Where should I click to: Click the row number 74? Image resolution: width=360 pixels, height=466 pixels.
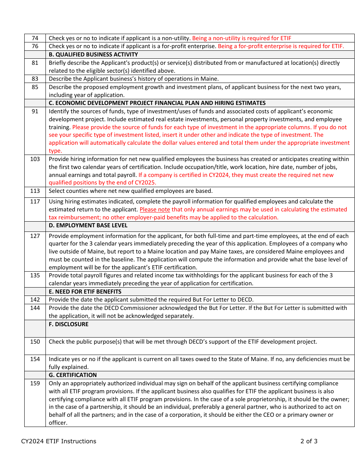[x=35, y=38]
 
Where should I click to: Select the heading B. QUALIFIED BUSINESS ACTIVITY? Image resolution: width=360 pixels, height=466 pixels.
[x=93, y=55]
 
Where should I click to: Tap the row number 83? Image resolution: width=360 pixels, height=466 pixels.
[x=35, y=79]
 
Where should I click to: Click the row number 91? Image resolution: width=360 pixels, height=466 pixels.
[x=35, y=111]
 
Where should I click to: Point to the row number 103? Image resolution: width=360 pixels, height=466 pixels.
[x=35, y=159]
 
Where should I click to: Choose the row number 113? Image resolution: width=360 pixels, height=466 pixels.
[x=35, y=191]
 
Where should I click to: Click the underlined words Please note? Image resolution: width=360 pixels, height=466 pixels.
[x=155, y=210]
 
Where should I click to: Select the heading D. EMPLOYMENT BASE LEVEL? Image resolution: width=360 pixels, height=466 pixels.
[x=88, y=225]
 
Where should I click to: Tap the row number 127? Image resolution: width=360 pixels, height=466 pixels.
[x=35, y=236]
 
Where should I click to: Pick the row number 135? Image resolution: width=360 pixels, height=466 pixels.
[x=35, y=275]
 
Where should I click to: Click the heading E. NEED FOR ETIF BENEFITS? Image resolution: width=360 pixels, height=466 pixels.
[x=85, y=292]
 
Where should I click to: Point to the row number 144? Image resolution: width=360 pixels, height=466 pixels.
[x=35, y=308]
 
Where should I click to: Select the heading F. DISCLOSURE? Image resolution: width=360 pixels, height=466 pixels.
[x=69, y=324]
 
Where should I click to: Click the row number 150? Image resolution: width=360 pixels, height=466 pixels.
[x=35, y=342]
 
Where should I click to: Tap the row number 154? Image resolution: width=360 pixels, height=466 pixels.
[x=35, y=359]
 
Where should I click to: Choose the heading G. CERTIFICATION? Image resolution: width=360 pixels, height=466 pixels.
[x=73, y=375]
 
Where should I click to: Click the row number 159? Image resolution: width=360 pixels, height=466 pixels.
[x=35, y=383]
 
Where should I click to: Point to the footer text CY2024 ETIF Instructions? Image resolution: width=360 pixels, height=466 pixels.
[x=59, y=441]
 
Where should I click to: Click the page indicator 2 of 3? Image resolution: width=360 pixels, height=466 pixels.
[x=309, y=441]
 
